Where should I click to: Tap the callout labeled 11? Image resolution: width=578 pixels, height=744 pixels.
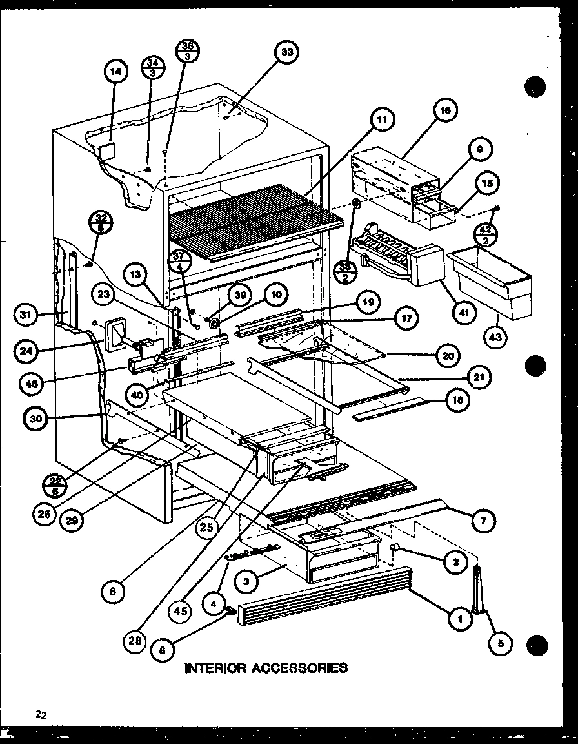click(383, 119)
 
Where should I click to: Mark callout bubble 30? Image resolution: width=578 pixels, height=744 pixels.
click(37, 418)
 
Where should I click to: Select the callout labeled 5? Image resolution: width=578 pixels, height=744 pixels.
click(500, 643)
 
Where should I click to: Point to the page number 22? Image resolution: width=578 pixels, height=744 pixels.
click(41, 714)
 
